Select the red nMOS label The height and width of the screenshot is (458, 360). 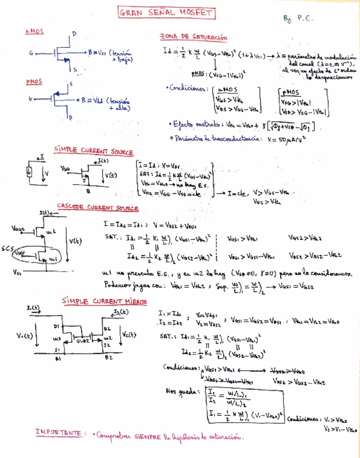[34, 33]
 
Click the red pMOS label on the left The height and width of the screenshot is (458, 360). [34, 82]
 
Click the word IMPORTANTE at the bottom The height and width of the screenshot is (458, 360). [58, 433]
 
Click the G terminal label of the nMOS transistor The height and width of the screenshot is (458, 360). [32, 53]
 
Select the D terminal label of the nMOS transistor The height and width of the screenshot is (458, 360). [74, 34]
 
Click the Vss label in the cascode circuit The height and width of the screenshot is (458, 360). [17, 272]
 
